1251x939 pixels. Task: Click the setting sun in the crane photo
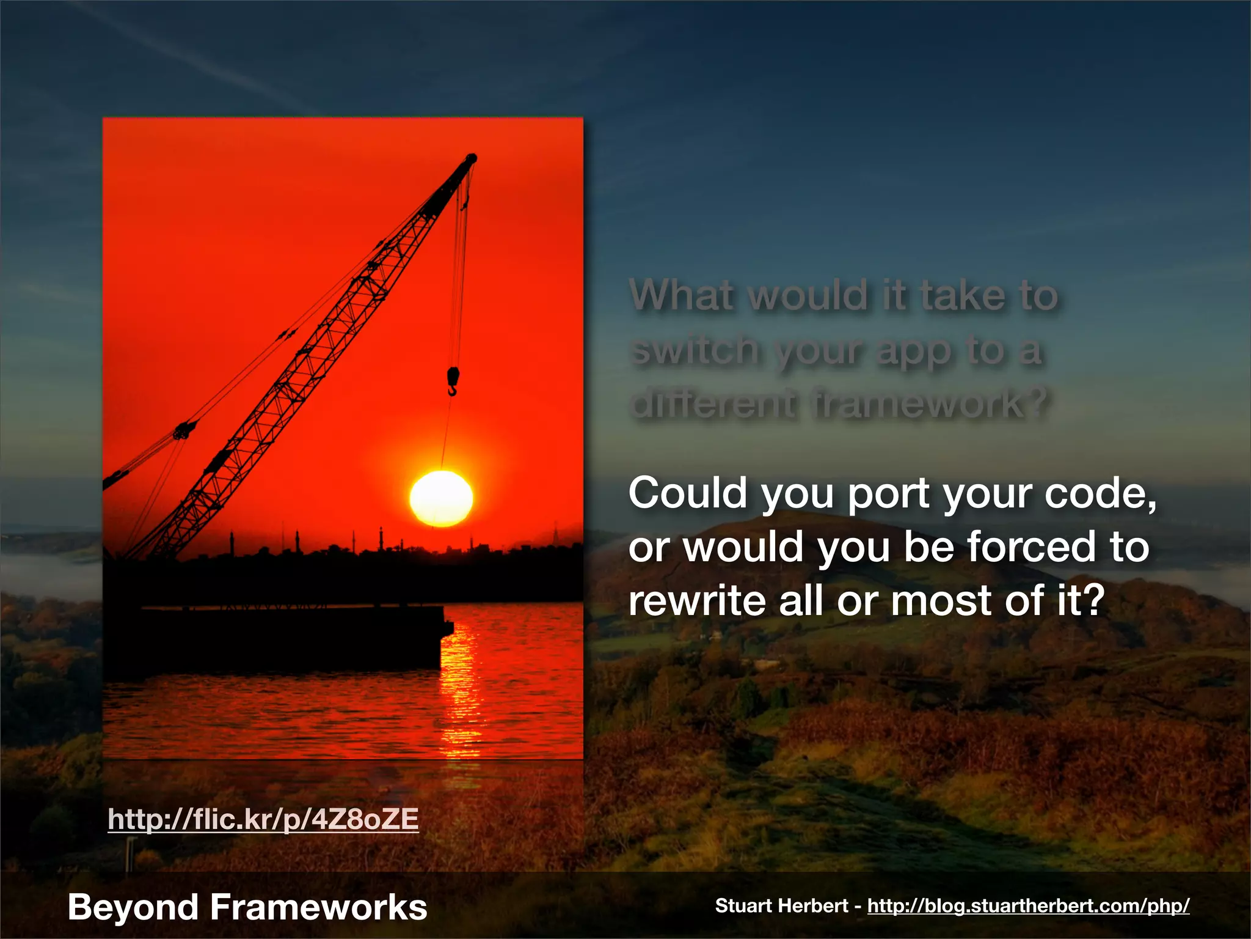(441, 498)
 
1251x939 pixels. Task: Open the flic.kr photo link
(263, 819)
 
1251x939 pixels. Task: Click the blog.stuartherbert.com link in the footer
(1028, 905)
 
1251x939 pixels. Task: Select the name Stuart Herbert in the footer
(781, 905)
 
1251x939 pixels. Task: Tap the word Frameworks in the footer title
(318, 907)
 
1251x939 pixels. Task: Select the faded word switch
(695, 350)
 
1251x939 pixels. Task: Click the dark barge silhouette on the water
(287, 636)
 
